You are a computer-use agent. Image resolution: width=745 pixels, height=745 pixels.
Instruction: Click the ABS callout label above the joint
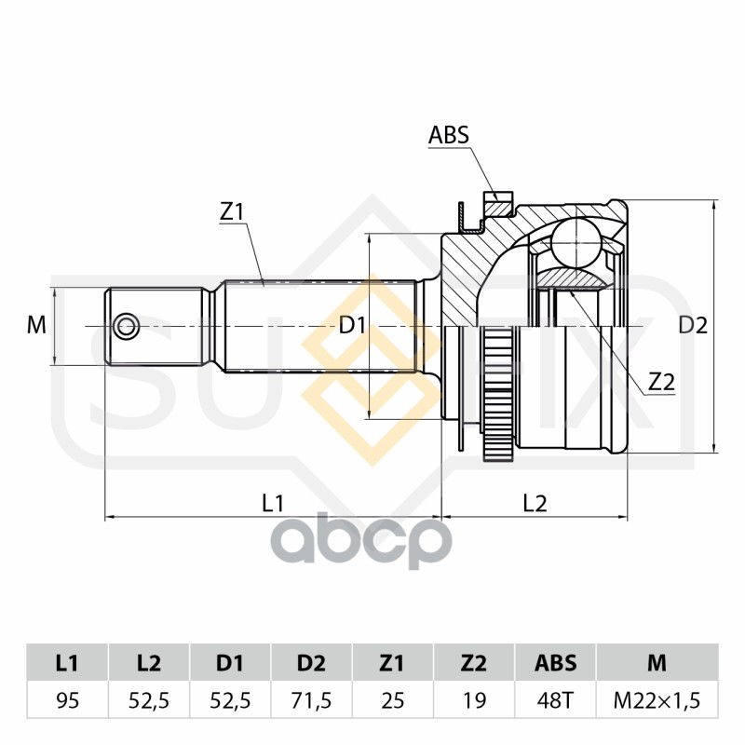tap(448, 136)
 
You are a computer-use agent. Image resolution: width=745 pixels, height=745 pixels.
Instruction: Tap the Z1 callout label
tap(232, 212)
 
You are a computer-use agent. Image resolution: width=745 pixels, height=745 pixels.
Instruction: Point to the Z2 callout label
tap(660, 381)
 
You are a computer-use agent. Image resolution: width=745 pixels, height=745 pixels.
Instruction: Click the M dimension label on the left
tap(36, 325)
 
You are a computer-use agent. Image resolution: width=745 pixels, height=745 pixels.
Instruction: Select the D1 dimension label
tap(351, 325)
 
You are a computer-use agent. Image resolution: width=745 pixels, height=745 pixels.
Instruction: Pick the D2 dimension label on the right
tap(692, 325)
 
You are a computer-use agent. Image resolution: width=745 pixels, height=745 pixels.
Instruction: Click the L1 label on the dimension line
tap(272, 503)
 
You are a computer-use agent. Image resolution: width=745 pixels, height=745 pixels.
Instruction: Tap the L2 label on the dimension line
tap(535, 503)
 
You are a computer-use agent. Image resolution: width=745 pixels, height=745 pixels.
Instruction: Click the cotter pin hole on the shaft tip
tap(125, 326)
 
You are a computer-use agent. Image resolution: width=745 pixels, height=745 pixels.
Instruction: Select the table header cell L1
tap(66, 663)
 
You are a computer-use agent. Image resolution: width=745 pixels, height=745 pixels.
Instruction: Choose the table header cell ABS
tap(555, 663)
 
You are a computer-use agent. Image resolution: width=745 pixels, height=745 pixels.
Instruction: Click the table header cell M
tap(657, 663)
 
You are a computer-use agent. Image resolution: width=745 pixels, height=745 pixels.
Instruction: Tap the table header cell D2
tap(312, 663)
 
